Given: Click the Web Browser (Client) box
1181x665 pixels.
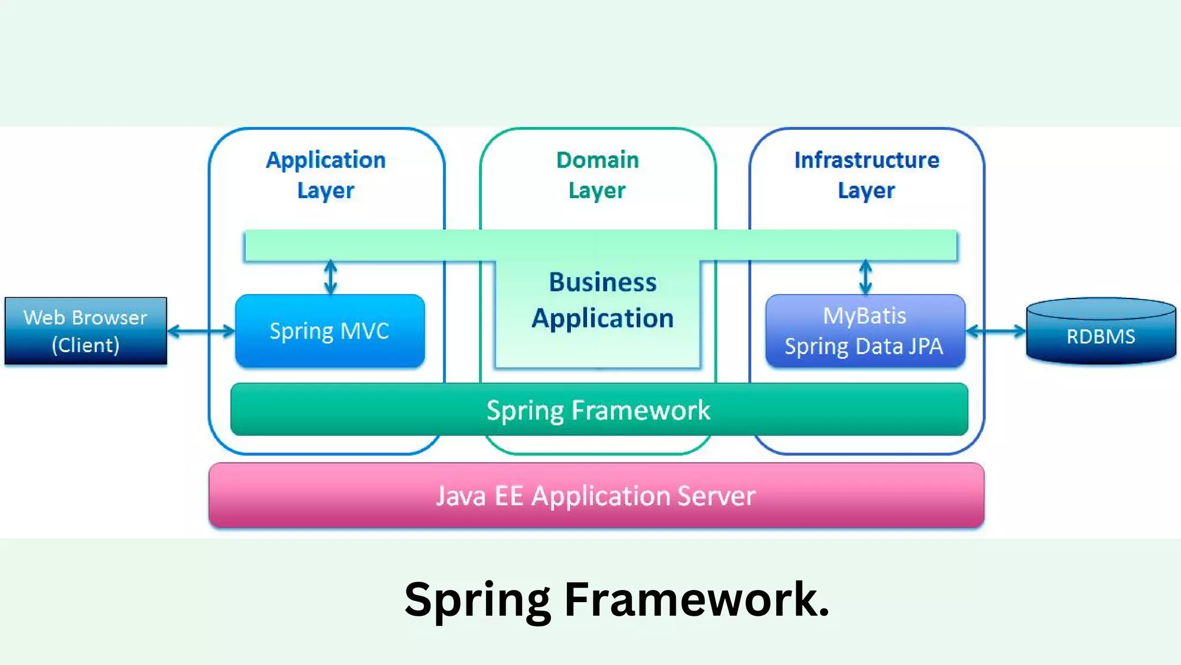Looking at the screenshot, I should [x=86, y=331].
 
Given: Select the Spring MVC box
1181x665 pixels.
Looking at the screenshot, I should [x=330, y=331].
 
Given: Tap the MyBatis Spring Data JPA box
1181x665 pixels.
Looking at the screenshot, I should [x=865, y=331].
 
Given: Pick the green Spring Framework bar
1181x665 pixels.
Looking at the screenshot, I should [x=599, y=410].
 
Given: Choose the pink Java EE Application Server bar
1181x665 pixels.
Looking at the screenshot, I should [x=596, y=495].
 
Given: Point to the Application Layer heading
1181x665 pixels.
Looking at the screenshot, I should [x=326, y=175].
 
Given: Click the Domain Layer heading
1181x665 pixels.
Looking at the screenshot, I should [x=597, y=175].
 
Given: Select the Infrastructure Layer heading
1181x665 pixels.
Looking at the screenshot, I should [x=867, y=175].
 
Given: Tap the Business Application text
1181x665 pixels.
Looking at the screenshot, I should [x=603, y=300].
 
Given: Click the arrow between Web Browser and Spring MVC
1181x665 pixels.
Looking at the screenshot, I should [x=201, y=331].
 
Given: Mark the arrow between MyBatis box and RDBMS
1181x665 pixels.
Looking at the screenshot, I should [x=996, y=331].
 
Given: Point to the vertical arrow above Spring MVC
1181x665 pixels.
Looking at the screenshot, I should [x=330, y=278].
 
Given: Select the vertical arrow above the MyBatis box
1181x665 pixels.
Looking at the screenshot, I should [x=866, y=278].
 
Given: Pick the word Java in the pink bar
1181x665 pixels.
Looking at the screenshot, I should [x=460, y=496].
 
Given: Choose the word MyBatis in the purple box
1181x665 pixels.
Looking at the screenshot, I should [x=864, y=316].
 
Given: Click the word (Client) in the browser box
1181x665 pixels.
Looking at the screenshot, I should [x=85, y=345].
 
